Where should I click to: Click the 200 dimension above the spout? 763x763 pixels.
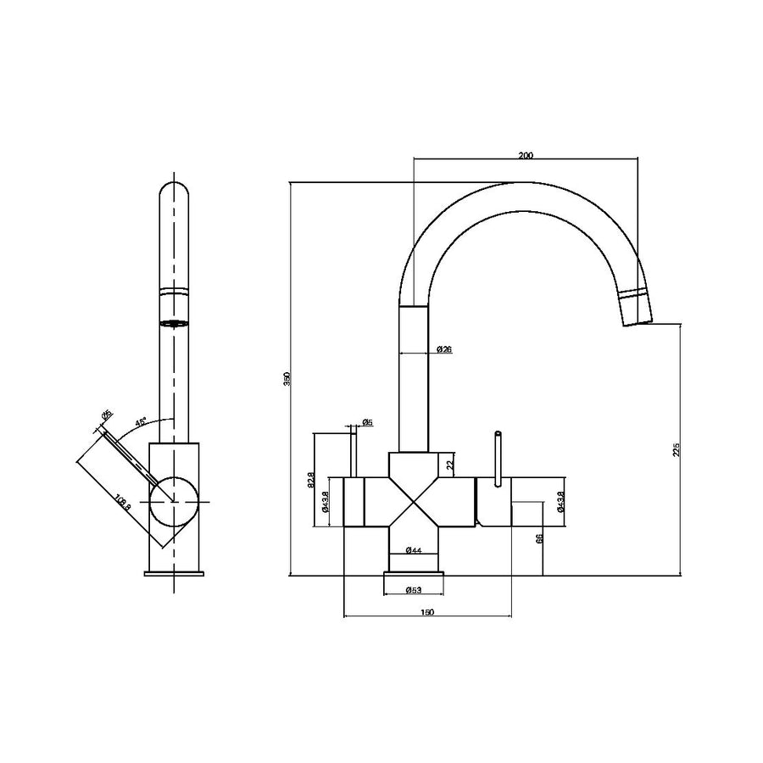coord(525,154)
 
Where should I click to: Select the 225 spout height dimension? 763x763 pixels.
coord(676,449)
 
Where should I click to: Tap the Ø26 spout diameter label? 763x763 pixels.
coord(443,349)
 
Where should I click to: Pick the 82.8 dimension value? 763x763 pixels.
coord(311,481)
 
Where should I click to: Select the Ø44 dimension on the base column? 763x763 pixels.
coord(415,551)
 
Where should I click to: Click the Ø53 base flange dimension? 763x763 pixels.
coord(415,589)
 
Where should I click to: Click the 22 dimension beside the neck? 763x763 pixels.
coord(450,463)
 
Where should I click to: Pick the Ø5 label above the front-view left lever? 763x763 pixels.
coord(367,422)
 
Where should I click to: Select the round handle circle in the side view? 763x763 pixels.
coord(174,502)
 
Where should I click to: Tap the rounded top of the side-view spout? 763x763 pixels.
coord(174,191)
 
